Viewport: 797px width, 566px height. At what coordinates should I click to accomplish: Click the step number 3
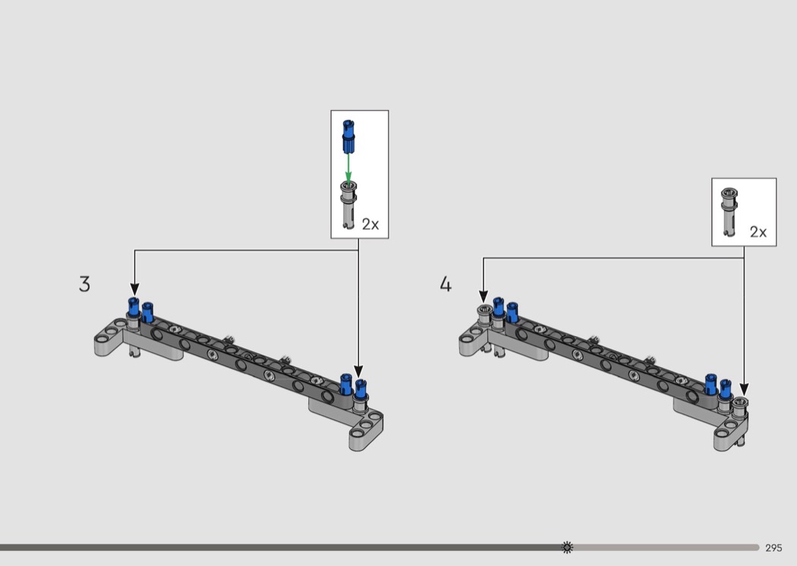84,284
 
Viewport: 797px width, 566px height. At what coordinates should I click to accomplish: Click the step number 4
446,284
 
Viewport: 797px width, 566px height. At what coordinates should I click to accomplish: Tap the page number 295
773,548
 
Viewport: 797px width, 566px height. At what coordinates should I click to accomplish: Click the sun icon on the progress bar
567,547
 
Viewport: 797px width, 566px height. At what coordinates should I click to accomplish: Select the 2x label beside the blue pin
370,224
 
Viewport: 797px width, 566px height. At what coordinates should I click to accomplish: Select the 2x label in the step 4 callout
758,231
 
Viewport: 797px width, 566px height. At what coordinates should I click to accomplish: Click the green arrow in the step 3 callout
348,167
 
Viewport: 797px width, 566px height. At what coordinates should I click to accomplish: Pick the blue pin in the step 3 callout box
348,137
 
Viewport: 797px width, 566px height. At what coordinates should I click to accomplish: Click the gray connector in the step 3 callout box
348,205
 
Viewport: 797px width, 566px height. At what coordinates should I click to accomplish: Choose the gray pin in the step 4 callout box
729,212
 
